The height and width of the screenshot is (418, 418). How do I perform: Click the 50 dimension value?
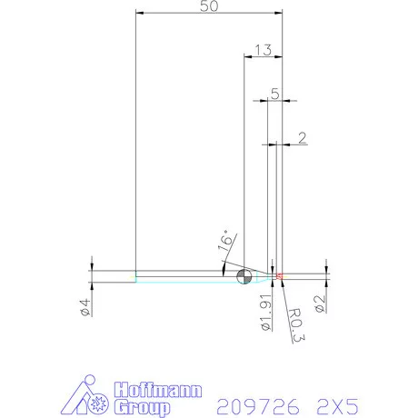click(207, 6)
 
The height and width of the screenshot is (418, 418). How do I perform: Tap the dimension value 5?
click(274, 93)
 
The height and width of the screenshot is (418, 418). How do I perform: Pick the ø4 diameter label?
click(84, 306)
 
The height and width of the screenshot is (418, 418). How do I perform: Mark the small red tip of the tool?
click(280, 275)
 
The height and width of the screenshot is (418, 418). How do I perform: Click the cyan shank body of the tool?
click(182, 277)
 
